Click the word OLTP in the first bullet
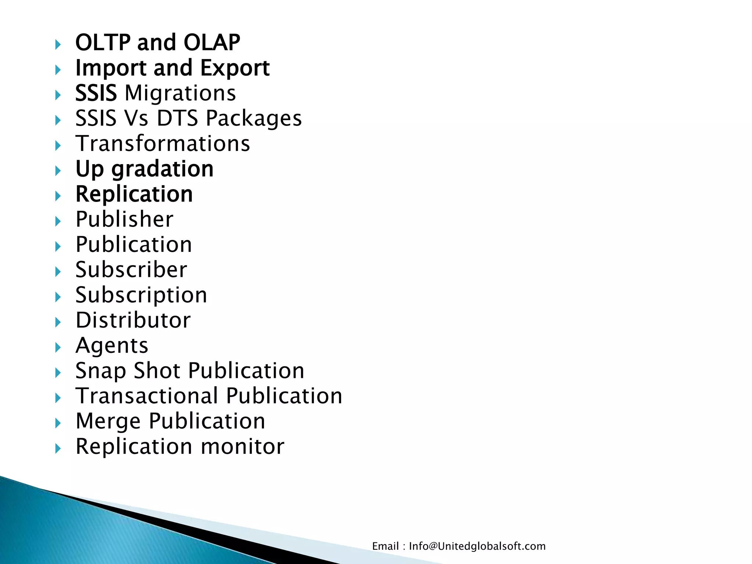(102, 42)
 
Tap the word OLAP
(212, 42)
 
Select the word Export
(235, 68)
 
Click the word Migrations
(180, 93)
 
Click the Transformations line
(163, 144)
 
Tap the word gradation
(163, 169)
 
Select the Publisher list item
(124, 219)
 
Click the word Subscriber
(131, 270)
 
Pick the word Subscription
(141, 295)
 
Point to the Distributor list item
(133, 320)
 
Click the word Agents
(112, 346)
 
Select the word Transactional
(147, 396)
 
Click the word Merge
(108, 422)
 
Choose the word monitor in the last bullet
(243, 446)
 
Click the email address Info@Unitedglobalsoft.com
(477, 546)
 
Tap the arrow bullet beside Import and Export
(58, 70)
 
